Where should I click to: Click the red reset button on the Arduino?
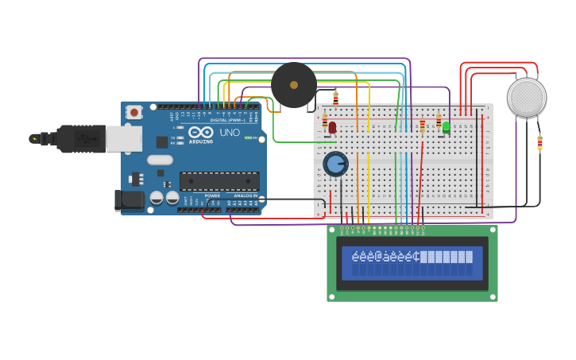[x=134, y=112]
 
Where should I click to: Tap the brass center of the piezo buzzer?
[x=294, y=85]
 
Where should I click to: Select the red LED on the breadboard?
[x=332, y=126]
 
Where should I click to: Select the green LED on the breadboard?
[x=446, y=126]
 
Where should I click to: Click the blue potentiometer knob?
[x=335, y=165]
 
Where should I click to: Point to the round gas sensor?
[x=527, y=97]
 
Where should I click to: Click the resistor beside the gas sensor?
[x=539, y=143]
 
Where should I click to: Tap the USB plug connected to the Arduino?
[x=79, y=138]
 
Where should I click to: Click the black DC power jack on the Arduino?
[x=129, y=200]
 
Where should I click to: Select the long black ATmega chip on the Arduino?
[x=218, y=181]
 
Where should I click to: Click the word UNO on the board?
[x=230, y=133]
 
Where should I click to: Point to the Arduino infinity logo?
[x=200, y=133]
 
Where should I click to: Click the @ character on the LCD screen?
[x=380, y=257]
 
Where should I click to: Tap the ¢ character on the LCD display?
[x=416, y=257]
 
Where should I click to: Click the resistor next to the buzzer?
[x=335, y=98]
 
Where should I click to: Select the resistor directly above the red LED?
[x=324, y=120]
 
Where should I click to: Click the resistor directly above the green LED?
[x=438, y=120]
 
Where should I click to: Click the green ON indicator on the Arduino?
[x=249, y=137]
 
